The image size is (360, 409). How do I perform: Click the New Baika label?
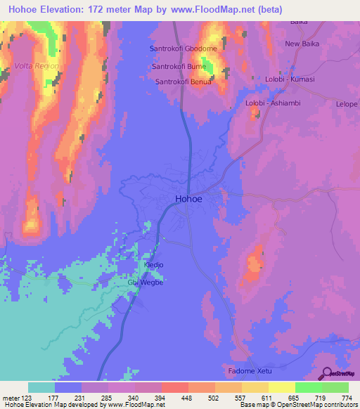[302, 44]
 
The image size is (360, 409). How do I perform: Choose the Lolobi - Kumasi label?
[290, 79]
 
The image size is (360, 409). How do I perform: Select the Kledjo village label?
[153, 266]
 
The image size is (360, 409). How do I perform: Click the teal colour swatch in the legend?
[41, 387]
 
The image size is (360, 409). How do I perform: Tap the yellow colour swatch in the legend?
[282, 387]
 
